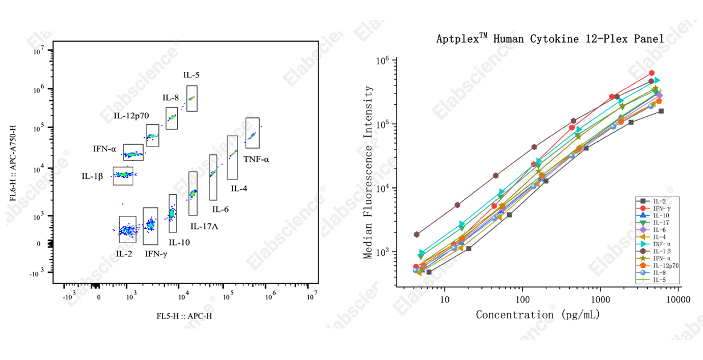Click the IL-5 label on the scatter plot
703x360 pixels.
191,75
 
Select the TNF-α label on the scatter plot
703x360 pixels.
256,159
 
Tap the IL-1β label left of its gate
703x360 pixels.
92,176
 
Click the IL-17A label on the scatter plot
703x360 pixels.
205,226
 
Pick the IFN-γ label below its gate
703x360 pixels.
156,253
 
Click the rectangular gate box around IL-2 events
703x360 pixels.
127,229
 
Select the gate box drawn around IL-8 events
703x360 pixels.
171,118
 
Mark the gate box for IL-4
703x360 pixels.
232,157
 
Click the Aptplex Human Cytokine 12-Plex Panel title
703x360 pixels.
550,39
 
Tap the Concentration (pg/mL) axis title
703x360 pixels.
538,314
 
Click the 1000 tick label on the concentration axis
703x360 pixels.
600,300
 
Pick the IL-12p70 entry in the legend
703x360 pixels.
664,265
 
